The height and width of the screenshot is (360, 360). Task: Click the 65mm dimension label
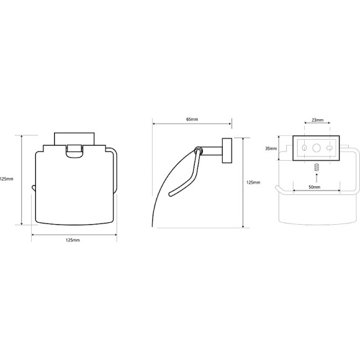pyautogui.click(x=192, y=119)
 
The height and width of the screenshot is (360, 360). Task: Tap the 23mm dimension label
pyautogui.click(x=318, y=120)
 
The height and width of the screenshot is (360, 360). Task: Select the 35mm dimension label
pyautogui.click(x=271, y=148)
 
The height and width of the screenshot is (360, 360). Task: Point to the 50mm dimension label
pyautogui.click(x=314, y=187)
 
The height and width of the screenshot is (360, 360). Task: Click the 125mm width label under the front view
pyautogui.click(x=73, y=240)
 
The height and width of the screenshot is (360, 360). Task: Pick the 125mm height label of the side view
pyautogui.click(x=253, y=182)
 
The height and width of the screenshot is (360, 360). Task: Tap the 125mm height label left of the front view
pyautogui.click(x=6, y=179)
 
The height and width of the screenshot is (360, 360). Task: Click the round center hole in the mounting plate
pyautogui.click(x=317, y=148)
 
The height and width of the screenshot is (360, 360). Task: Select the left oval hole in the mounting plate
pyautogui.click(x=304, y=148)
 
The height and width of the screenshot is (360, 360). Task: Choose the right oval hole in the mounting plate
pyautogui.click(x=330, y=148)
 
